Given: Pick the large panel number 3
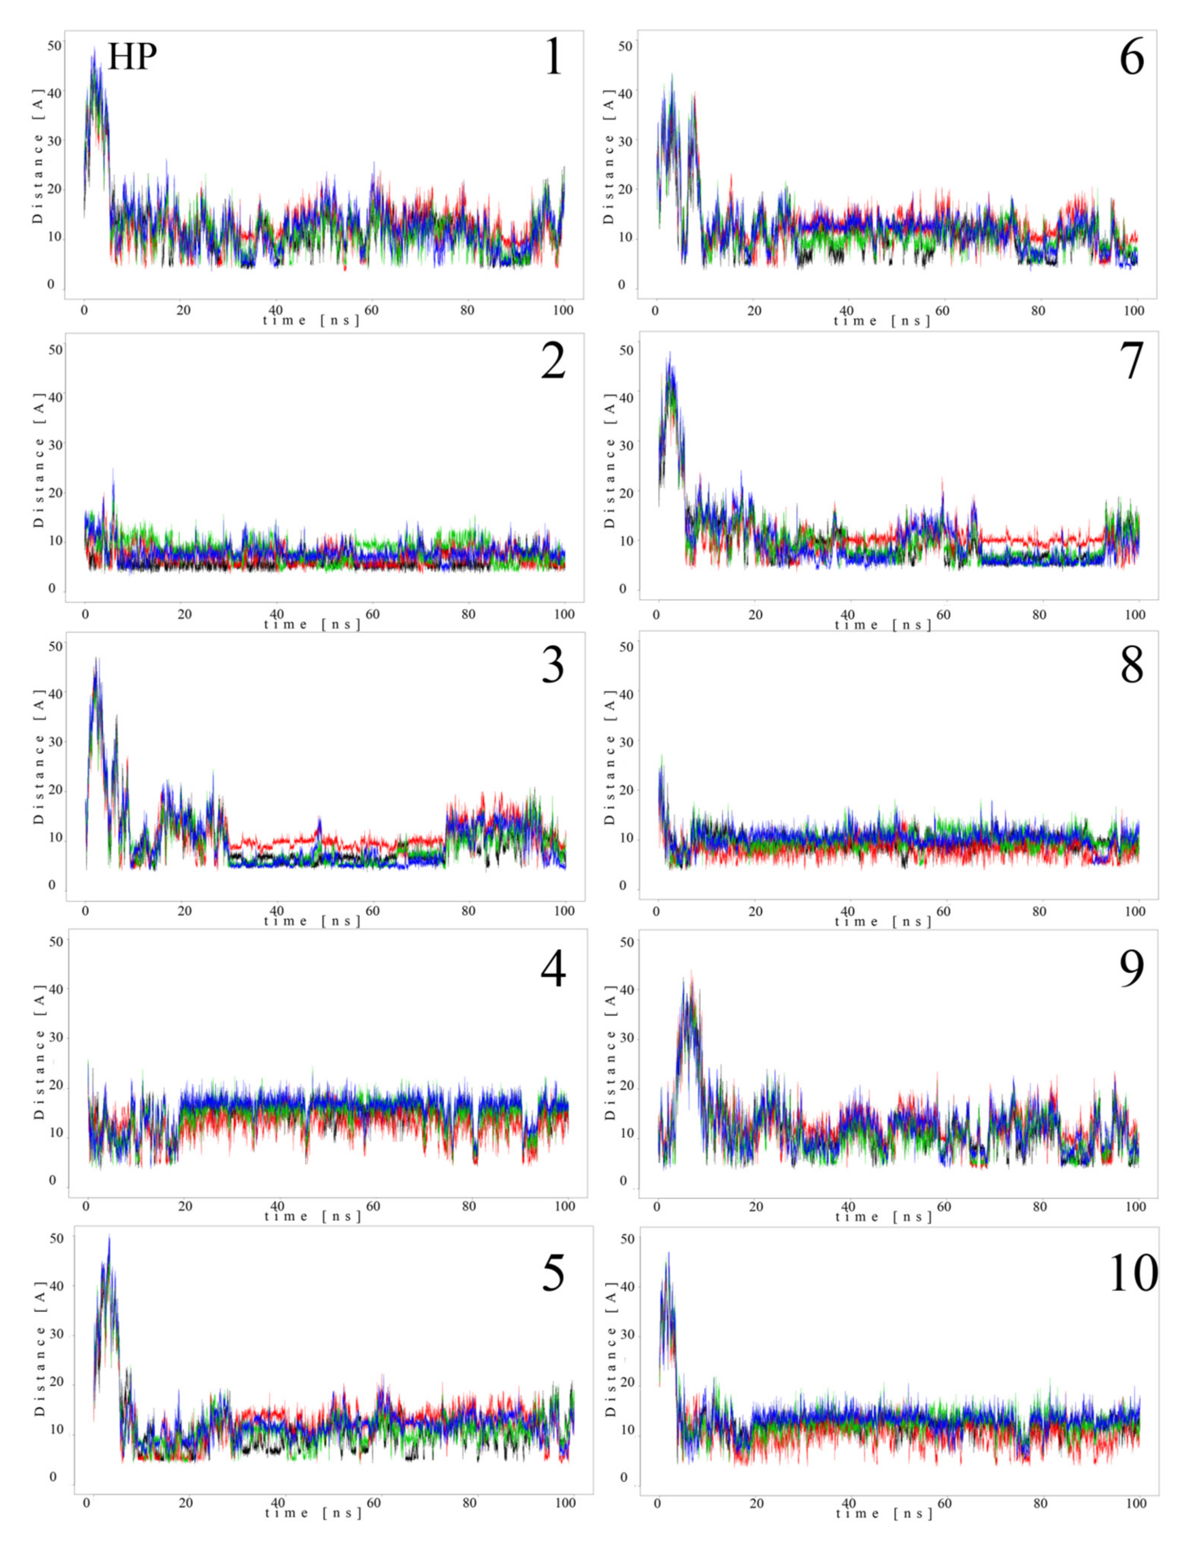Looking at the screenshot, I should click(553, 665).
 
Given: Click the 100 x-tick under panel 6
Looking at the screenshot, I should click(1135, 310).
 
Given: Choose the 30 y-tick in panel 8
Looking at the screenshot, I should click(626, 741).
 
